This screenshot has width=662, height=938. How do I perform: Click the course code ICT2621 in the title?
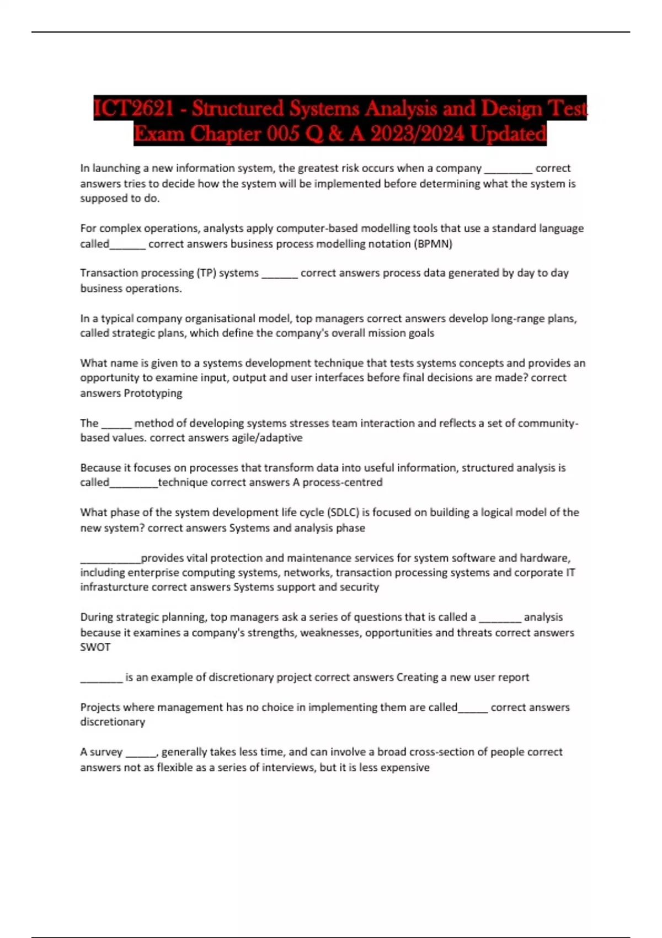[x=134, y=108]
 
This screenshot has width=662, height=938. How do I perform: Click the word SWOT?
[x=95, y=647]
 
